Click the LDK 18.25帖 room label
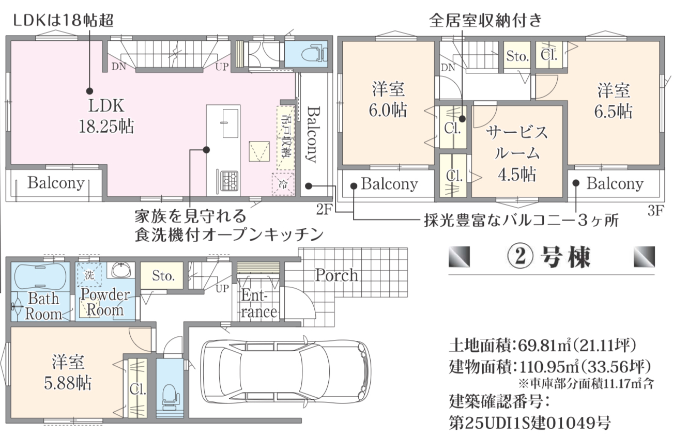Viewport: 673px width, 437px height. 106,116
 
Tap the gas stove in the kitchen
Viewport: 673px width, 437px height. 230,181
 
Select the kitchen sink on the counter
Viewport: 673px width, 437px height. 231,123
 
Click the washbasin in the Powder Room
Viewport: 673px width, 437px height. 121,270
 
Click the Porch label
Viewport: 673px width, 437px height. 336,275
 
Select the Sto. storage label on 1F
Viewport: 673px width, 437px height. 163,275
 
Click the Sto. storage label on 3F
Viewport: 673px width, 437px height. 517,56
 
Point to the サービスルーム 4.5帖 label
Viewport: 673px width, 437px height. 517,153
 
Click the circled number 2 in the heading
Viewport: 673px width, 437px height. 521,257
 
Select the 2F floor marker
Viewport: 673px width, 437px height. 323,209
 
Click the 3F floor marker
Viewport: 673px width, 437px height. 655,211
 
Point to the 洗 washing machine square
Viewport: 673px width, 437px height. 89,275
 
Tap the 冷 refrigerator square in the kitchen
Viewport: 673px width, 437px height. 283,184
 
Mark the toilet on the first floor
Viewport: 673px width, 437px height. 170,397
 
